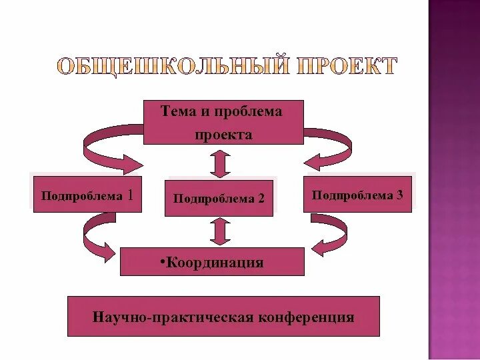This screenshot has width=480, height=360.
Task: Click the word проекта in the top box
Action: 223,134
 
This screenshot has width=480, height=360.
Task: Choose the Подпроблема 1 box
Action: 87,195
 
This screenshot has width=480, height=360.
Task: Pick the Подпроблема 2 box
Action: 219,198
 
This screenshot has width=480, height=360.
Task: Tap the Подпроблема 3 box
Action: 357,195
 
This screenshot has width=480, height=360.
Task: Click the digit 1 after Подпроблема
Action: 130,195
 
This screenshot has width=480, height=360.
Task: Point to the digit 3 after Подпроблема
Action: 399,195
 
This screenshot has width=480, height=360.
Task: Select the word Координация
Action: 215,263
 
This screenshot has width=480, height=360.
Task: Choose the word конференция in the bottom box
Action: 306,317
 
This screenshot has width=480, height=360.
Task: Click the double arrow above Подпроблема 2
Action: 219,163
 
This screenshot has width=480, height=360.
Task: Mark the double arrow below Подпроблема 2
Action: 219,231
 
